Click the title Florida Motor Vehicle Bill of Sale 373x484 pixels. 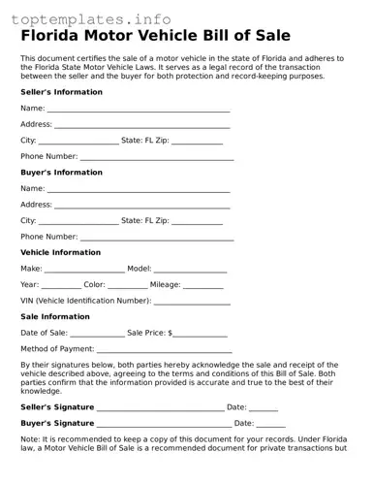click(155, 37)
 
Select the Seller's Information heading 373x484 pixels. click(61, 92)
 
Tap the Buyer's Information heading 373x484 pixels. click(61, 173)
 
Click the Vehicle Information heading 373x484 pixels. click(60, 252)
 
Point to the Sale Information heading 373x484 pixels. click(54, 316)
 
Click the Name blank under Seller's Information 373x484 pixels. click(139, 109)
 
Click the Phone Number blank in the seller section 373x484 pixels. click(157, 156)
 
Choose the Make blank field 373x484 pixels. click(85, 269)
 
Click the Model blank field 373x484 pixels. click(190, 269)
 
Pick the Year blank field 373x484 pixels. click(62, 284)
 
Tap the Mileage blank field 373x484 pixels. click(202, 284)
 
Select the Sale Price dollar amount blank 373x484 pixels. click(201, 333)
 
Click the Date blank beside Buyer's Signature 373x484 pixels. click(270, 424)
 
